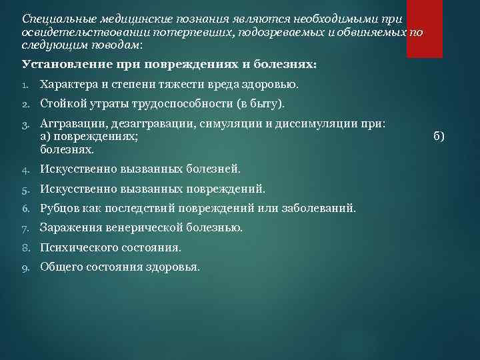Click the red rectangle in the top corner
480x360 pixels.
[425, 29]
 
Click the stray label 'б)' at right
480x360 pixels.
[438, 136]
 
